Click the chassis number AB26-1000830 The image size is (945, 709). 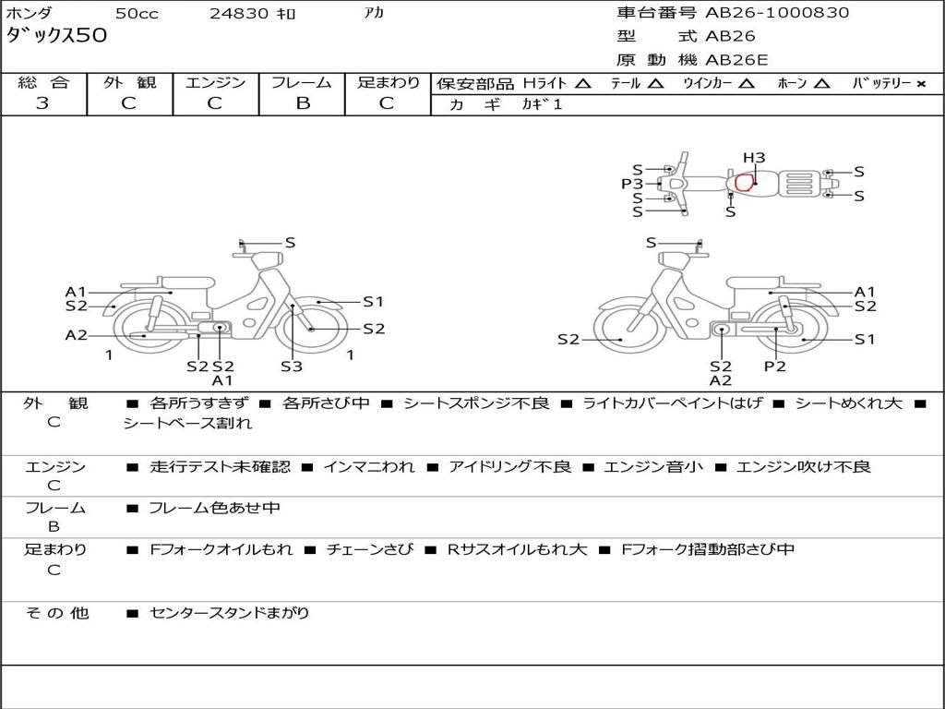click(x=777, y=12)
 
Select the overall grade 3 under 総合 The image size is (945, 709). click(x=42, y=103)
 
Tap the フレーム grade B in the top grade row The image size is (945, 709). click(x=303, y=103)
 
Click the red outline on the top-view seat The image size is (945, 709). click(x=745, y=182)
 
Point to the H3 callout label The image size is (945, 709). click(x=754, y=158)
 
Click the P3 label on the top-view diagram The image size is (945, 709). click(x=632, y=184)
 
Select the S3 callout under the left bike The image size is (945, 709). click(x=291, y=366)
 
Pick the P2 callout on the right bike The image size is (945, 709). click(x=774, y=366)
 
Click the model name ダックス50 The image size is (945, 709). click(x=56, y=35)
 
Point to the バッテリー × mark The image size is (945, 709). click(x=920, y=84)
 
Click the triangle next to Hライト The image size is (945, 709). click(x=583, y=83)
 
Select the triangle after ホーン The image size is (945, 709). click(x=820, y=83)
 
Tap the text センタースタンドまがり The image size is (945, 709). click(x=230, y=613)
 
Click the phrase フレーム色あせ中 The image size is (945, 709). click(x=214, y=508)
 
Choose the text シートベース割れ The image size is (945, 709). click(x=187, y=423)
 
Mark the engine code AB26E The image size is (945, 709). click(x=736, y=60)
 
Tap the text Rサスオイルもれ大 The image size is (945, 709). click(x=517, y=549)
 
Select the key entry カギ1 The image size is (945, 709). click(x=542, y=104)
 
